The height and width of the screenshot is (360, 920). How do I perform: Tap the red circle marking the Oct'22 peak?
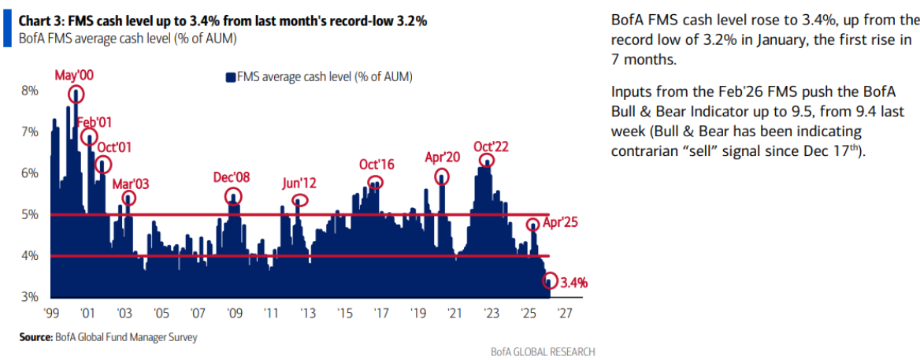click(488, 161)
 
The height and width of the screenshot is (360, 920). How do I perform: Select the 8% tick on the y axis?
click(29, 91)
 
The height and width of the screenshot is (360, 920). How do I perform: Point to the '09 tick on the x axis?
click(234, 312)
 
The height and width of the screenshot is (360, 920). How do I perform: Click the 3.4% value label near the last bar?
click(575, 281)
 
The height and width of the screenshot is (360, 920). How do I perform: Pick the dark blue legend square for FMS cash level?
click(231, 76)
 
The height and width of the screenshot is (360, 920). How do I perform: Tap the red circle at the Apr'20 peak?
click(442, 176)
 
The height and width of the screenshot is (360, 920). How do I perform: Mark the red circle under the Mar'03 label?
click(128, 198)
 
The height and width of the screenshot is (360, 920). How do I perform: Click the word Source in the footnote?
click(35, 337)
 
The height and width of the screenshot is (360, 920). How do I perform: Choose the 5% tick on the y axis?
click(29, 214)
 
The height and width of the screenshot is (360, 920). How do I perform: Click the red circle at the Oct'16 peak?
click(376, 183)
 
